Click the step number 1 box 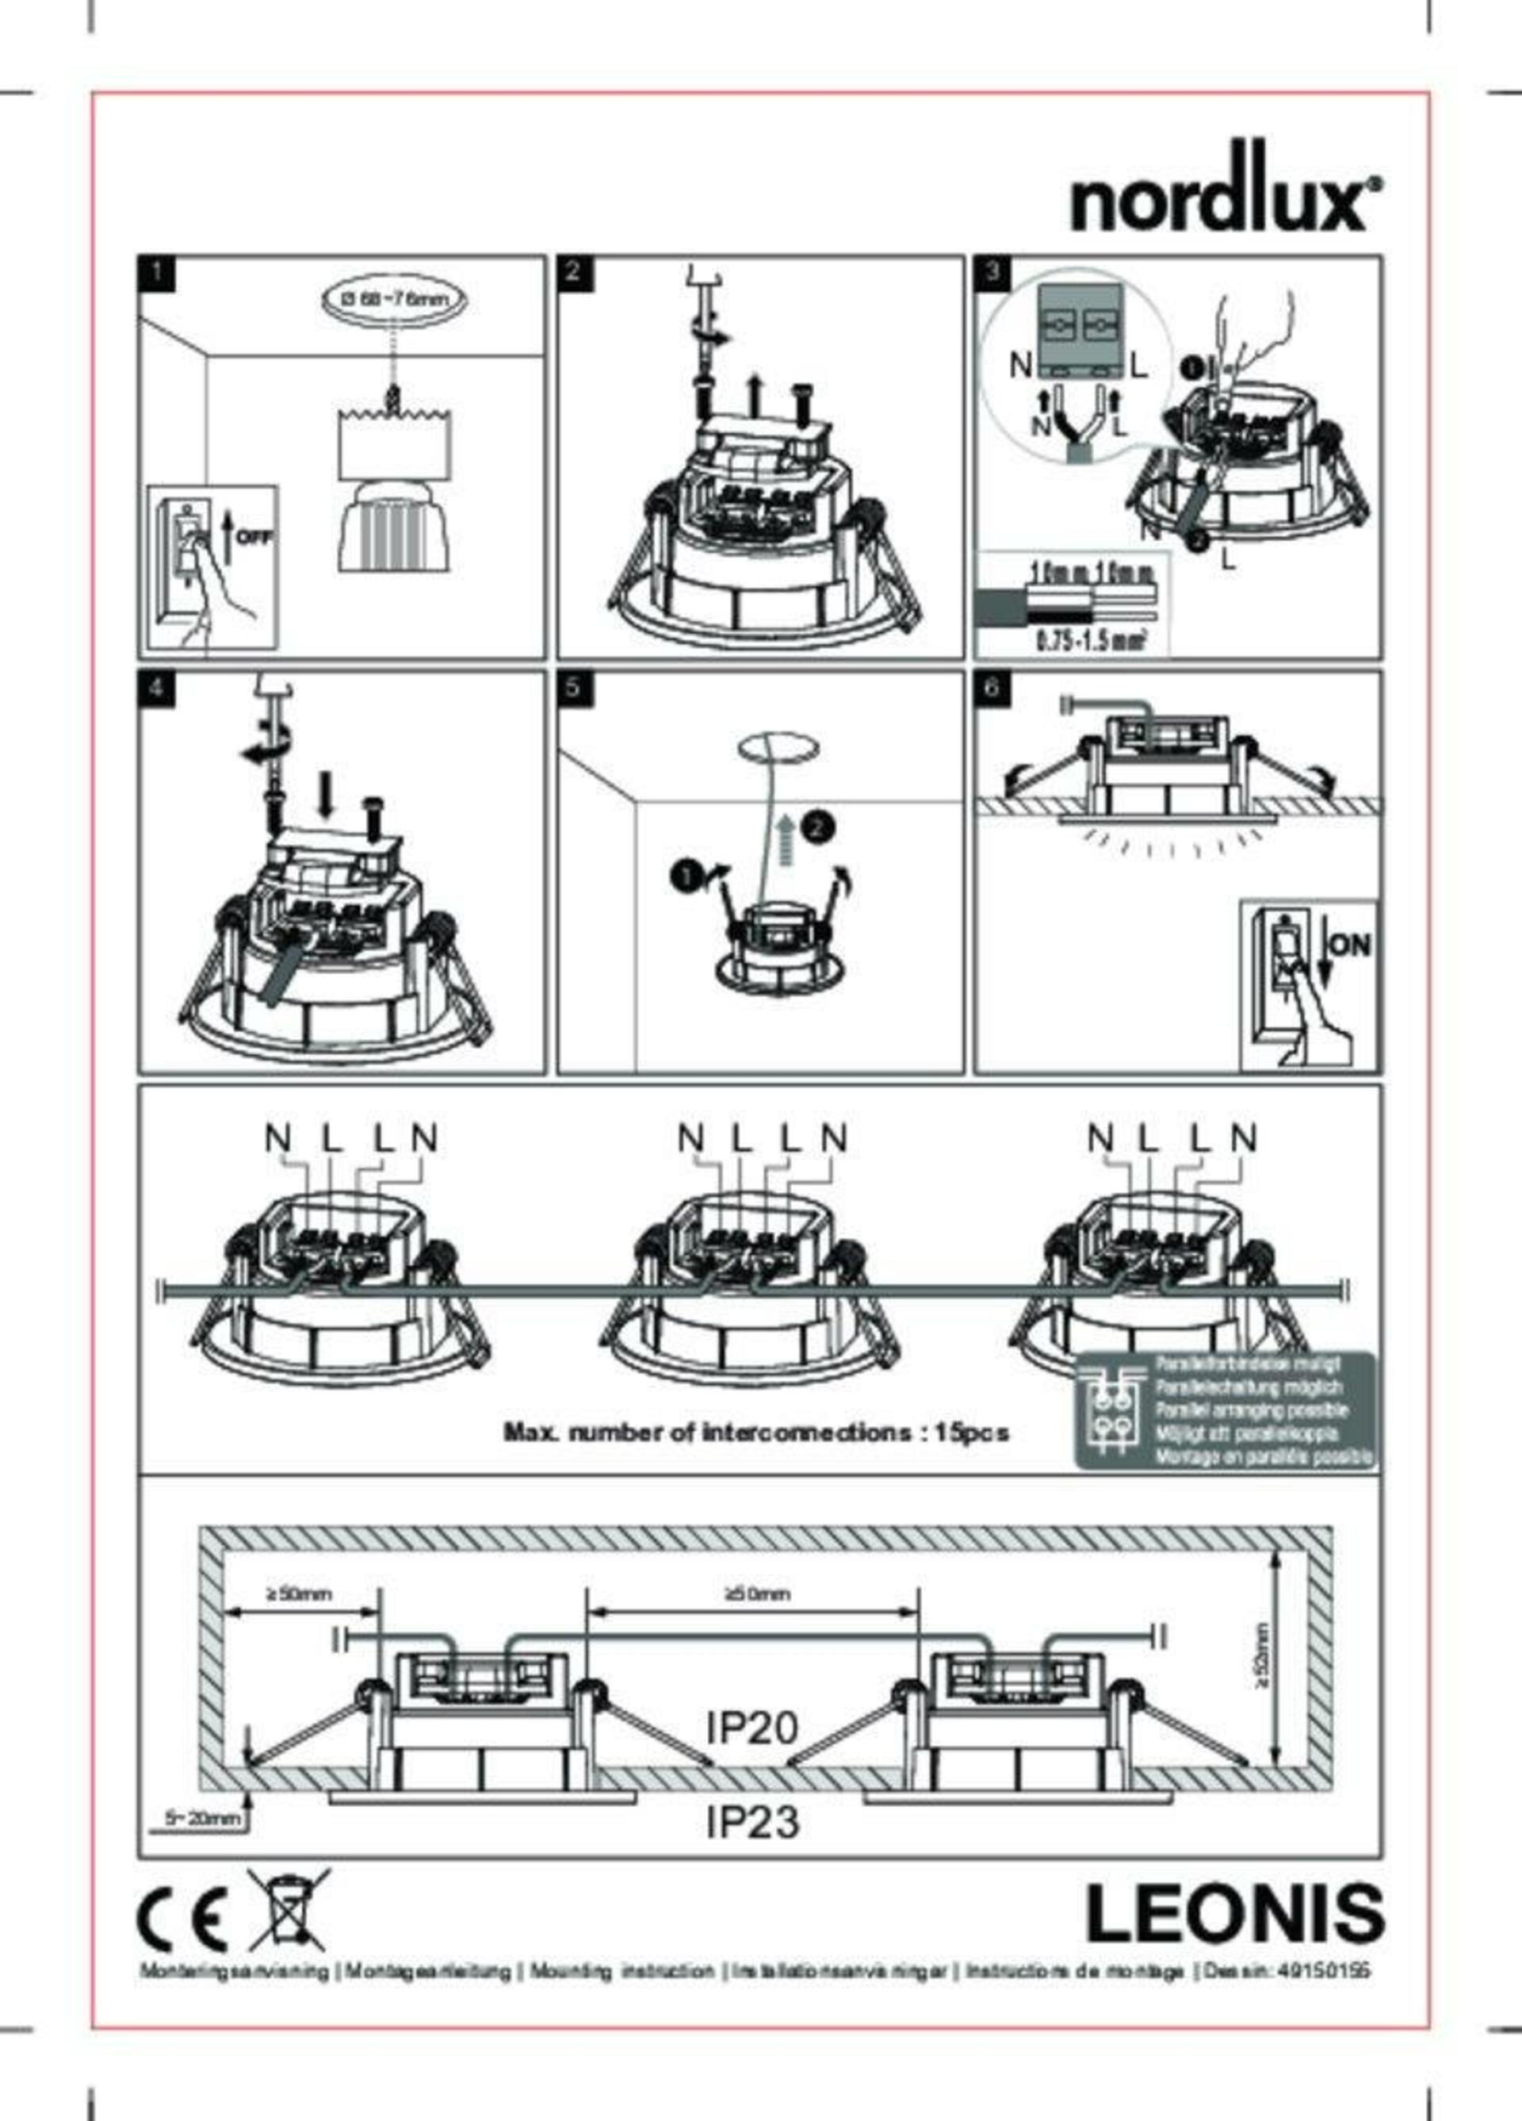coord(156,273)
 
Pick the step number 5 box coord(573,688)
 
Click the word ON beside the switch coord(1349,945)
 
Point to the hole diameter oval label coord(394,300)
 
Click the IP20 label coord(752,1726)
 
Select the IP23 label coord(752,1821)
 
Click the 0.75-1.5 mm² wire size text coord(1090,642)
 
